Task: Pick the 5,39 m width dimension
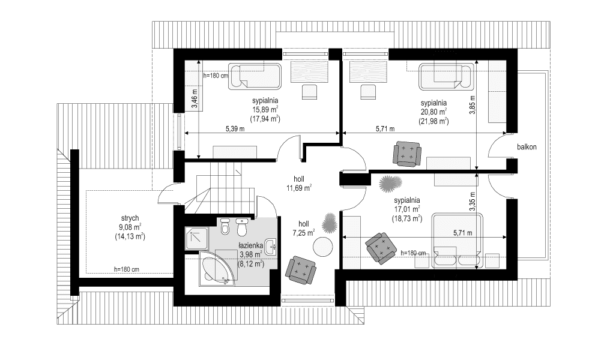pyautogui.click(x=235, y=128)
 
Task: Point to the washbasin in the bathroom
pyautogui.click(x=272, y=245)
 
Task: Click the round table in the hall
pyautogui.click(x=323, y=247)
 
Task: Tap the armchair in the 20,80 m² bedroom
pyautogui.click(x=406, y=153)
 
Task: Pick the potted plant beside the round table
pyautogui.click(x=330, y=224)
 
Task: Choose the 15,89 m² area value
pyautogui.click(x=265, y=110)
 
